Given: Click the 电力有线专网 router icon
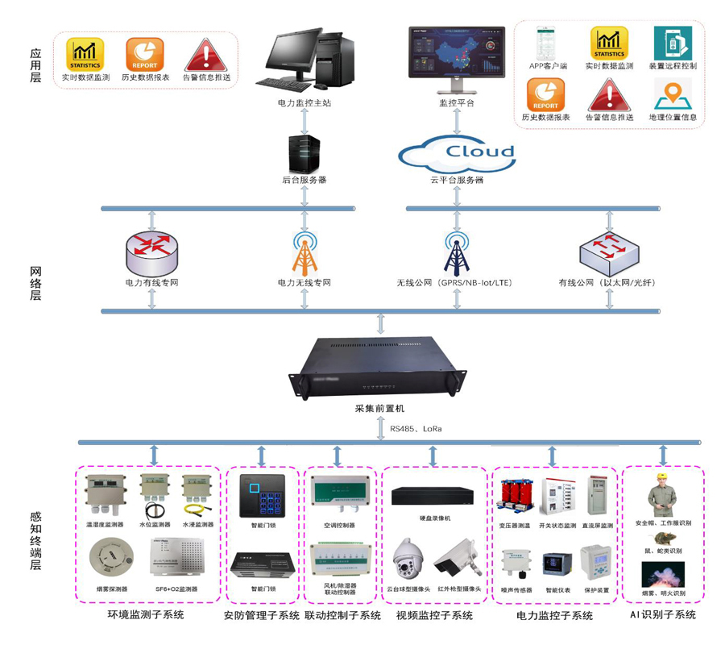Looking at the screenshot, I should click(x=151, y=252).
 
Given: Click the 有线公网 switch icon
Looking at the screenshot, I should click(x=610, y=253).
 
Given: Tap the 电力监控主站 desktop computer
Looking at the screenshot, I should click(x=304, y=60).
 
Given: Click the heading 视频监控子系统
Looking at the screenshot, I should click(x=434, y=616).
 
